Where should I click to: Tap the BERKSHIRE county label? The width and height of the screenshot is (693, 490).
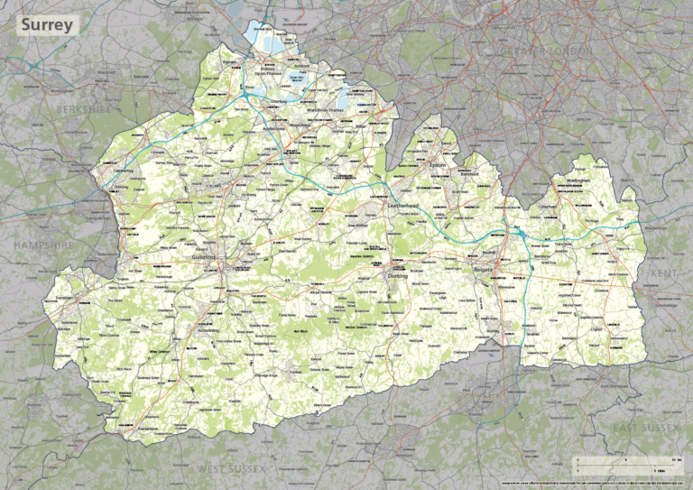(x=82, y=108)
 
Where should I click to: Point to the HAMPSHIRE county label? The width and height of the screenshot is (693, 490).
(x=43, y=245)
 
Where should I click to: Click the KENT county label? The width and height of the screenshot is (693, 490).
(x=663, y=273)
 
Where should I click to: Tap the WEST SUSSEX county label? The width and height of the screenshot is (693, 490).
(x=232, y=469)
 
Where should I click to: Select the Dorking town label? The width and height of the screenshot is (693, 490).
(x=398, y=276)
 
